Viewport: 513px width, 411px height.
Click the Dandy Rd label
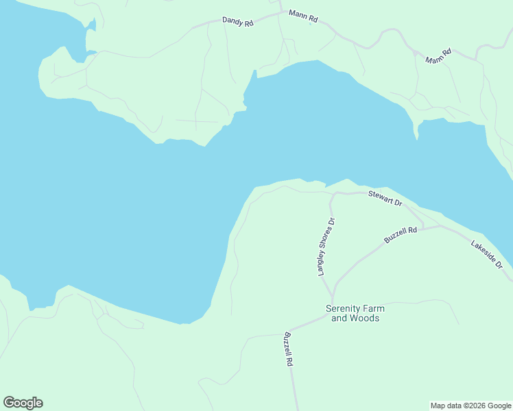[x=238, y=21]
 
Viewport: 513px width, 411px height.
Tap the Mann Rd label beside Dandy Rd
[x=303, y=16]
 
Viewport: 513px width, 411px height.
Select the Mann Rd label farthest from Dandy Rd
[x=438, y=56]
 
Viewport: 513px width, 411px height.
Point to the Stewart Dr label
[x=385, y=199]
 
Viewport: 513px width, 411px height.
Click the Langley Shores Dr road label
[x=326, y=247]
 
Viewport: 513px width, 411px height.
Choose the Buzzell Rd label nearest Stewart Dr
[x=401, y=235]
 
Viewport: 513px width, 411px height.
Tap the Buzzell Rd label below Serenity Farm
[x=289, y=349]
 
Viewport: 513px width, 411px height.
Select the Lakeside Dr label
[x=487, y=254]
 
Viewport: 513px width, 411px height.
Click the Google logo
[x=23, y=403]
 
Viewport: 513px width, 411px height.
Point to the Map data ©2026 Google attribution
[x=471, y=406]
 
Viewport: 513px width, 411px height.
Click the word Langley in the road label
[x=322, y=264]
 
